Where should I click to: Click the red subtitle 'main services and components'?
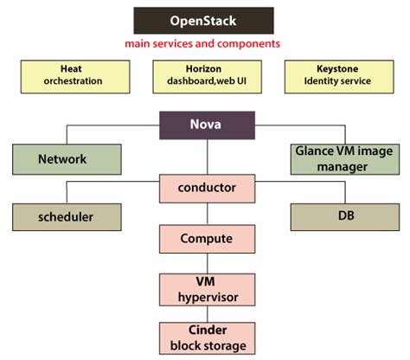coord(204,43)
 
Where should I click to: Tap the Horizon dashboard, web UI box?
coord(205,75)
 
